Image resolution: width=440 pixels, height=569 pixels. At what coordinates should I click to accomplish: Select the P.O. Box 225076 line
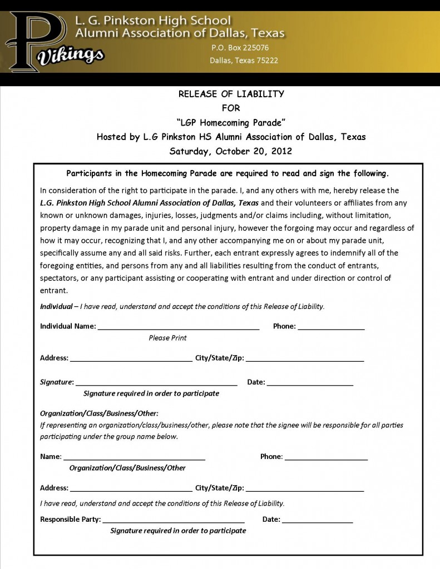pos(240,48)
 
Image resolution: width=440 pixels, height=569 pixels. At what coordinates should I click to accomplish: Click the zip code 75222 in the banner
pos(266,61)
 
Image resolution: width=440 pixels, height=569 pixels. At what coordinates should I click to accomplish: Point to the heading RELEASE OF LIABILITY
pos(231,94)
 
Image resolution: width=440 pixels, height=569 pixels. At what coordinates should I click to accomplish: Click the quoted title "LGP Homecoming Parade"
pos(231,122)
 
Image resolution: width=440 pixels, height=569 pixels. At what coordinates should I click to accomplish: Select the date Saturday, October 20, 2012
pos(231,151)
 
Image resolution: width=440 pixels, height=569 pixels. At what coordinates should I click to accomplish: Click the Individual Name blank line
pos(179,327)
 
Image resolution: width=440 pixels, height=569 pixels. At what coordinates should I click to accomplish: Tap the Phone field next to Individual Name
pos(331,327)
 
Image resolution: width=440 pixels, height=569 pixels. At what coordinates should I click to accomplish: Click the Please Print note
pos(167,338)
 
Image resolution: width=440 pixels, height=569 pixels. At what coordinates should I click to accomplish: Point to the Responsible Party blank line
pos(174,520)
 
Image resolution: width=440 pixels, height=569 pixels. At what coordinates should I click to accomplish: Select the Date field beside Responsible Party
pos(317,520)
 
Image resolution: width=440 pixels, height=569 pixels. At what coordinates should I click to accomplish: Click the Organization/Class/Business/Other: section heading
pos(99,413)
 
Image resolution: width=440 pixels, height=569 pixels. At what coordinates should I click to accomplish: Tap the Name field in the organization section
pos(134,457)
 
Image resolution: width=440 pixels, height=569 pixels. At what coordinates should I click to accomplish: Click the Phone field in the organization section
pos(326,457)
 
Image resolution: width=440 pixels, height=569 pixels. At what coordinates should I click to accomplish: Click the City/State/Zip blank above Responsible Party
pos(304,489)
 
